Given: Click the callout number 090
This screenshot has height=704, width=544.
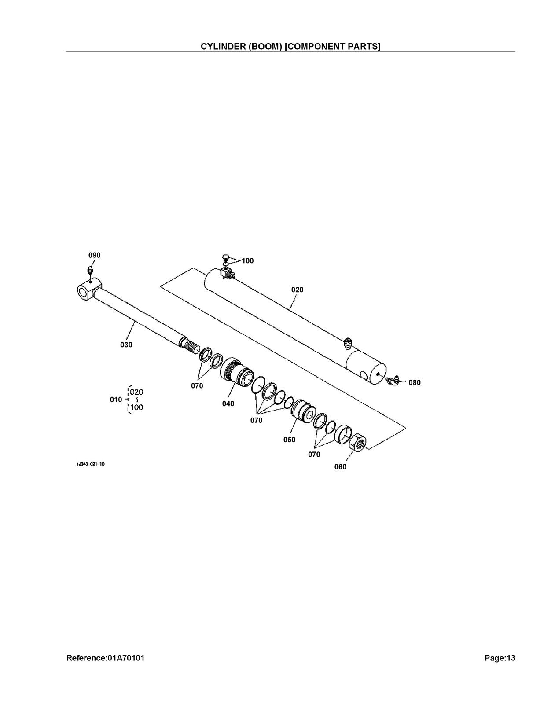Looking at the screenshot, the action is (x=95, y=255).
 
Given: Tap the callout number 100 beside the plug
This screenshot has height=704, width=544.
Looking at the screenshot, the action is (x=247, y=261).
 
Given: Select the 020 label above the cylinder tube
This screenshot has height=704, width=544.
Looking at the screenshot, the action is (x=297, y=290).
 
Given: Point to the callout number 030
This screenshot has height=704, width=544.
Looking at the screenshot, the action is (x=126, y=345).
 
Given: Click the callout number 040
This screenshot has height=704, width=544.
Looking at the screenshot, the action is (x=228, y=403).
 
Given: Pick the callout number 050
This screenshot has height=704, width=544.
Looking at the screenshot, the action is (x=289, y=440).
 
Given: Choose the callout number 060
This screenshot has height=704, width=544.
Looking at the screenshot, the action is (x=340, y=467).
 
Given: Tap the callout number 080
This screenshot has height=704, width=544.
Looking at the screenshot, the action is (x=415, y=383).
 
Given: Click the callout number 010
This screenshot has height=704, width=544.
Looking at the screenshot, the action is (x=116, y=400).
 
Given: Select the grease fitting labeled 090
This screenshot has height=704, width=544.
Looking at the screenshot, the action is (x=90, y=270).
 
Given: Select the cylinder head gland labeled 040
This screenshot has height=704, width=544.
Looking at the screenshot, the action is (x=236, y=372).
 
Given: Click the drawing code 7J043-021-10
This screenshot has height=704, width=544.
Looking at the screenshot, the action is (x=90, y=464).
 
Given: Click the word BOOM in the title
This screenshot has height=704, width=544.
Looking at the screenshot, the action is (x=262, y=47).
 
